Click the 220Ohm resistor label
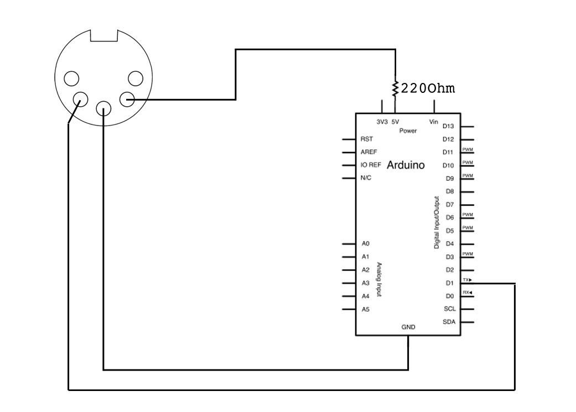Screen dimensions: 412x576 click(x=428, y=88)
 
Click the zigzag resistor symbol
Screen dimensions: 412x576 click(x=395, y=87)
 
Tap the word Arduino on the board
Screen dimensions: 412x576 click(x=406, y=165)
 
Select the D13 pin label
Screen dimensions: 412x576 click(x=449, y=127)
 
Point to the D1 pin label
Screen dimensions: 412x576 click(x=449, y=283)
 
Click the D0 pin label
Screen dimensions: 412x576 click(x=449, y=296)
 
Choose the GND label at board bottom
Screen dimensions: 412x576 click(x=408, y=327)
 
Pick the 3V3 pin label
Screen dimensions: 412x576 click(x=382, y=121)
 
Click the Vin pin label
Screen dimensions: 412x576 click(x=434, y=121)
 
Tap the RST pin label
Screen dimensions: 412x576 click(x=366, y=139)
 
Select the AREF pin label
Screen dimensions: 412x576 click(x=368, y=152)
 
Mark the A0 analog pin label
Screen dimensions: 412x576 click(x=365, y=243)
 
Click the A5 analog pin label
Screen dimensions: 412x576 click(x=365, y=310)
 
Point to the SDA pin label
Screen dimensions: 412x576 click(x=449, y=322)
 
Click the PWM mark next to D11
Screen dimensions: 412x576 click(x=467, y=149)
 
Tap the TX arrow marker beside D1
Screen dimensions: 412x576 click(x=467, y=280)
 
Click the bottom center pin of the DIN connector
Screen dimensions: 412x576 click(x=103, y=108)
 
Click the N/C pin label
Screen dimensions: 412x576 click(x=366, y=178)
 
